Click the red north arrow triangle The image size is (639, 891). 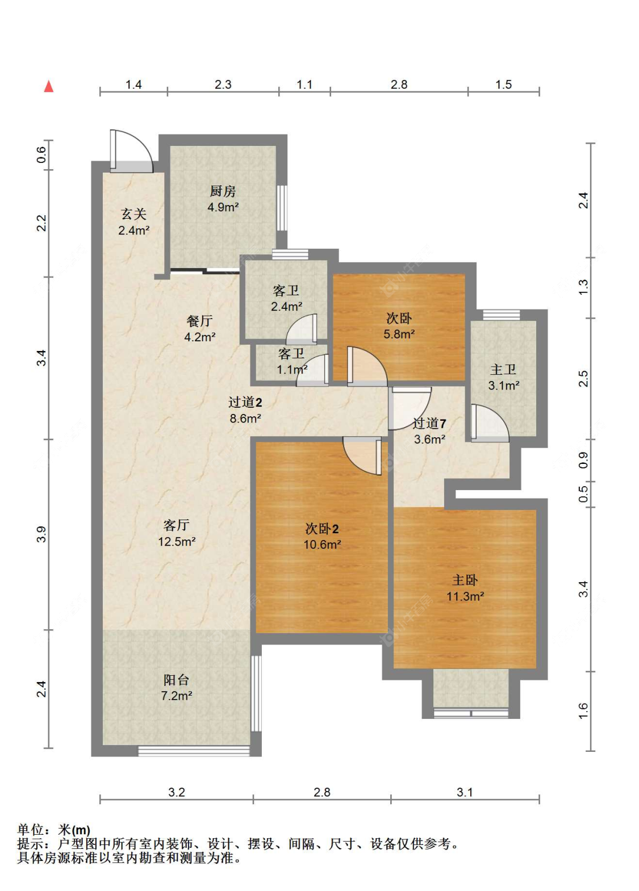(x=48, y=86)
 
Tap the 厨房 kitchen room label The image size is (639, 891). (x=223, y=191)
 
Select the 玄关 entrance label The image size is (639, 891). (x=133, y=214)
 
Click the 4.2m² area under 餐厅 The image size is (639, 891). (x=200, y=337)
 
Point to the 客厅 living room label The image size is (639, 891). (x=176, y=525)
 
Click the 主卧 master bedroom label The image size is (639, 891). (x=465, y=580)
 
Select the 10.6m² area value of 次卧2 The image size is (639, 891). (x=322, y=544)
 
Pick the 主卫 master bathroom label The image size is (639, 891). (x=503, y=369)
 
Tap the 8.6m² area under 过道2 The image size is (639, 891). (x=245, y=418)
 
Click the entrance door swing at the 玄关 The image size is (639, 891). (x=131, y=151)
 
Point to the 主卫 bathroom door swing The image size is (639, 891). (x=490, y=424)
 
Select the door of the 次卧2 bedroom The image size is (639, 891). (x=362, y=455)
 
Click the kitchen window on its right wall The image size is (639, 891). (x=282, y=208)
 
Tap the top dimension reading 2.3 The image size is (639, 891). (x=223, y=84)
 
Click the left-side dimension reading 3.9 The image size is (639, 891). (x=41, y=534)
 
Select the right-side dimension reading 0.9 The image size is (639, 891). (x=583, y=460)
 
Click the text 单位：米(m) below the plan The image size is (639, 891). (x=54, y=830)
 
